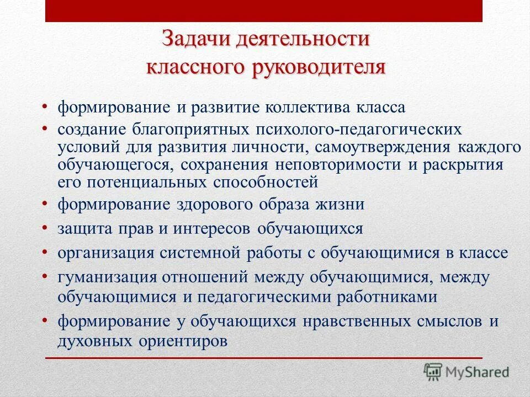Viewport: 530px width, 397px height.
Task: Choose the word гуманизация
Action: (103, 277)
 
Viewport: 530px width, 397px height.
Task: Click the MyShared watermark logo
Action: (466, 371)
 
